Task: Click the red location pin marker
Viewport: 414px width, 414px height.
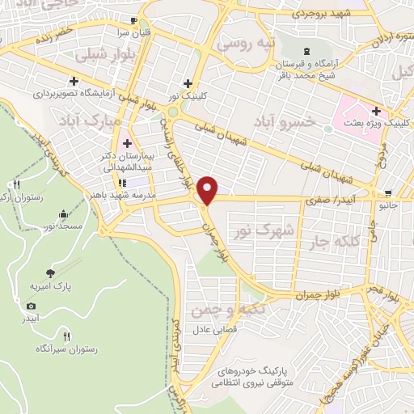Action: pyautogui.click(x=209, y=189)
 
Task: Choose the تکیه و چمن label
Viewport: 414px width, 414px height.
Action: pyautogui.click(x=216, y=309)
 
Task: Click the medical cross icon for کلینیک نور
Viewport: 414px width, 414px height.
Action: pyautogui.click(x=188, y=82)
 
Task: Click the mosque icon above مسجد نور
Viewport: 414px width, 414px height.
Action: pyautogui.click(x=63, y=214)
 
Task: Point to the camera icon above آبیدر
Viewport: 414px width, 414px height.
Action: pyautogui.click(x=31, y=306)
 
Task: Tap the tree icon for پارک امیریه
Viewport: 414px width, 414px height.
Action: pyautogui.click(x=50, y=273)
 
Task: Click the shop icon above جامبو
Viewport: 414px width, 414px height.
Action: pyautogui.click(x=389, y=193)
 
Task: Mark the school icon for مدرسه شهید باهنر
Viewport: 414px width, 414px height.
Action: pyautogui.click(x=122, y=181)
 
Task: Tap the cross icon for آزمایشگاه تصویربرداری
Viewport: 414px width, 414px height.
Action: pyautogui.click(x=74, y=81)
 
